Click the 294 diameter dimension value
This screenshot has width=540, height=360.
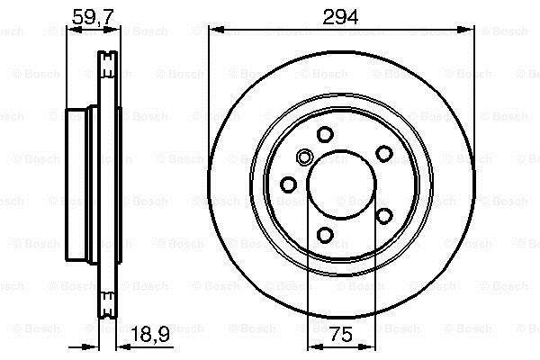[x=340, y=16]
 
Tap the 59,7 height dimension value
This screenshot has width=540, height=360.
[x=93, y=16]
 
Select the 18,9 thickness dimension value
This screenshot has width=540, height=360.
[x=151, y=334]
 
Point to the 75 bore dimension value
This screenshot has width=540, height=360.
[x=341, y=334]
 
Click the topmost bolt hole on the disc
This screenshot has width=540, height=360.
[x=325, y=134]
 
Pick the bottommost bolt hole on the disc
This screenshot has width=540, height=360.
[x=325, y=235]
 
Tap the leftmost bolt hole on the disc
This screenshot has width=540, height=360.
[x=288, y=184]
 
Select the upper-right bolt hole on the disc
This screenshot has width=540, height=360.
[x=384, y=153]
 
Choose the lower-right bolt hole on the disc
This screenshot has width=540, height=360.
[x=384, y=216]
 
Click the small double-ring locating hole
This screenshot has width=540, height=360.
[x=304, y=157]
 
